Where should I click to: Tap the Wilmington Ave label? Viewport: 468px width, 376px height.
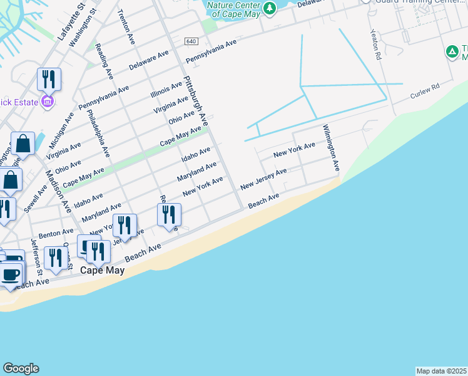coord(331,149)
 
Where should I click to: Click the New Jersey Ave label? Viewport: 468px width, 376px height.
coord(263,179)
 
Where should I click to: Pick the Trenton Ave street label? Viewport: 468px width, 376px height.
coord(126,26)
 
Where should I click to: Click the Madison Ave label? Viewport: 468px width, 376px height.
coord(57,192)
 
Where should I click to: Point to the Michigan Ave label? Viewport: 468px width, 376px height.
coord(61,129)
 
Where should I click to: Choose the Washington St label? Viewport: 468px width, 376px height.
coord(83,27)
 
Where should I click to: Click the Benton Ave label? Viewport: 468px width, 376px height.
coord(52,234)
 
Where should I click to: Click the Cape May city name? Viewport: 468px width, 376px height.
coord(102,271)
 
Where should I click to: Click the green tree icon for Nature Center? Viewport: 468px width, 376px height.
coord(269,8)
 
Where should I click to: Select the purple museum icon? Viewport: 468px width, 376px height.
coord(48,102)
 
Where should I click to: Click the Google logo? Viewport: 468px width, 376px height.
coord(21,368)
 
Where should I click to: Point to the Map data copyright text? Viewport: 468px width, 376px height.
coord(441,371)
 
